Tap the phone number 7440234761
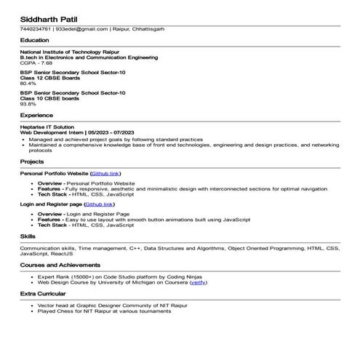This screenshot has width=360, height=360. [36, 29]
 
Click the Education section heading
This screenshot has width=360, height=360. [35, 41]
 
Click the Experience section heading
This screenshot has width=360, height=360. [36, 115]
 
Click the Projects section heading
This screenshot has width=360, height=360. [32, 161]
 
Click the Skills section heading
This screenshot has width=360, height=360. [28, 236]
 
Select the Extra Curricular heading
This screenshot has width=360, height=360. [43, 294]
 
